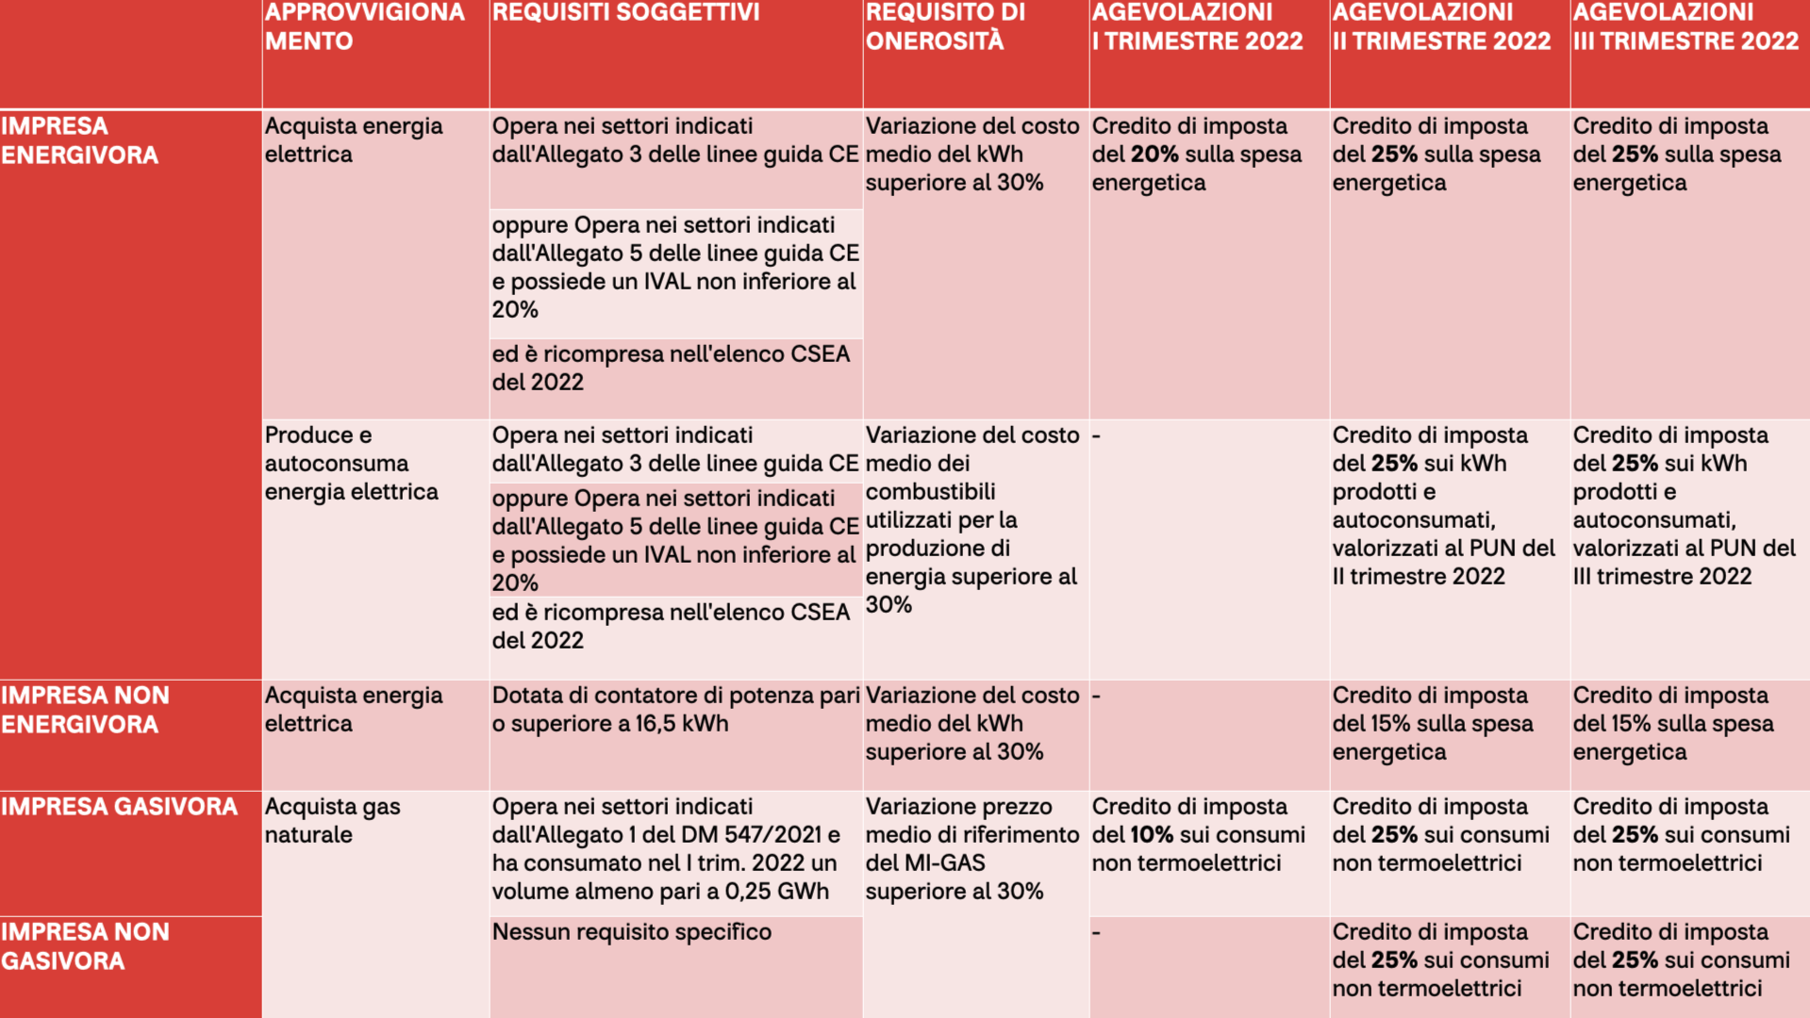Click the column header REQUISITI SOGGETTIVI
point(625,12)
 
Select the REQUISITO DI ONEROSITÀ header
point(945,26)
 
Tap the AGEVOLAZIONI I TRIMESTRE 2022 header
point(1197,26)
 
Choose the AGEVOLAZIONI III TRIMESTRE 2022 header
point(1685,26)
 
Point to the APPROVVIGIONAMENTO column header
point(364,26)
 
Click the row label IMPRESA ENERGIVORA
point(79,140)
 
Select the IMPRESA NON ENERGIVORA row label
point(85,710)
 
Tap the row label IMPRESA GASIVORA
point(119,807)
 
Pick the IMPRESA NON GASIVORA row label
point(85,946)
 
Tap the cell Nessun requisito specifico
point(632,932)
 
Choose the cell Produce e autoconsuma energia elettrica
point(351,464)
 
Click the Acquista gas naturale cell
point(332,821)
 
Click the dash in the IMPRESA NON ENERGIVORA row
point(1097,697)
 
